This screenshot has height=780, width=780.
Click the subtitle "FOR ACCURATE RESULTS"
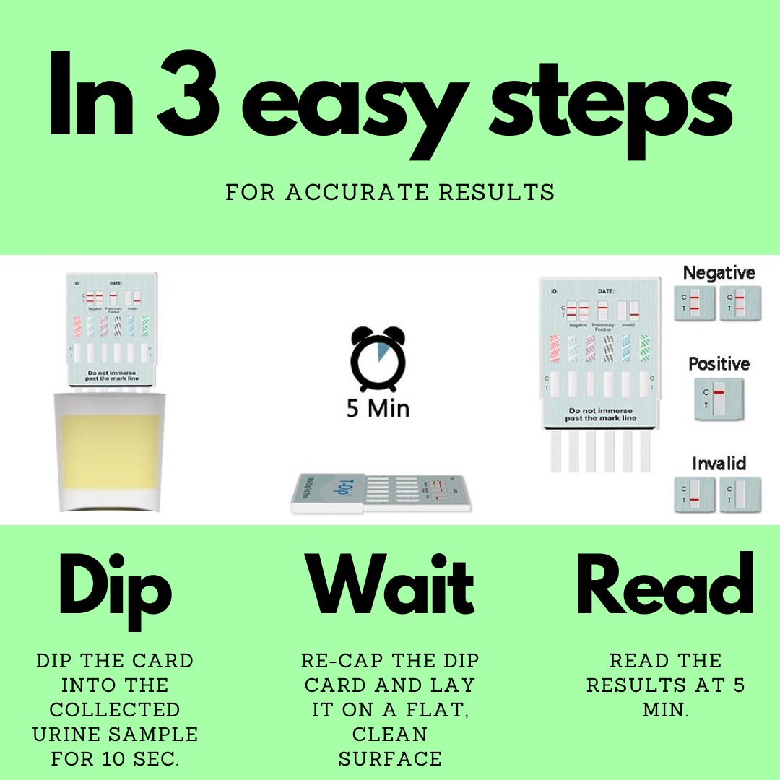390,192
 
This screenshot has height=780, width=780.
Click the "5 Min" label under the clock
378,409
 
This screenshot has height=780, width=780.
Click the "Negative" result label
719,273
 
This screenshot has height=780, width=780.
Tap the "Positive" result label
719,363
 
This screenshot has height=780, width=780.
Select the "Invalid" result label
719,463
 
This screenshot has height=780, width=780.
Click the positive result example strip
719,399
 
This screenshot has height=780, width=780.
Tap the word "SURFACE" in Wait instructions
390,758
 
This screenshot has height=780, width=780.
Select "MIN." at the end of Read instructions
665,709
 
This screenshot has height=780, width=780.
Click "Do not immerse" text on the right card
601,410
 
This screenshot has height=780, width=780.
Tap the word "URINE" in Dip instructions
69,734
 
